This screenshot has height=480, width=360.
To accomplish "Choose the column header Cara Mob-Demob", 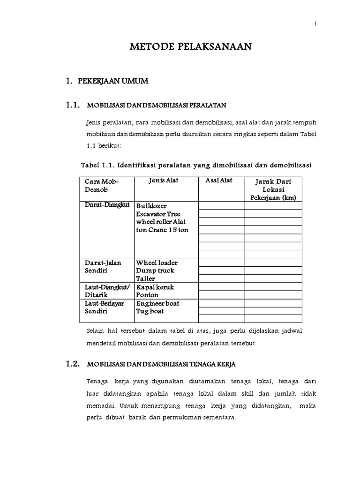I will [102, 185].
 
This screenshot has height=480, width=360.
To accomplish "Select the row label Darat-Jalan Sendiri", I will [103, 266].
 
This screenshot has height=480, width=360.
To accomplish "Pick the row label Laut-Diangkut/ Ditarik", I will [107, 291].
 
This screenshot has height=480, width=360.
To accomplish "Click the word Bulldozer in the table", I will [151, 206].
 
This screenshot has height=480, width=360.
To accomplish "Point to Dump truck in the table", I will [155, 270].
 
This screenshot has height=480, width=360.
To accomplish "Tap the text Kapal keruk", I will [155, 287].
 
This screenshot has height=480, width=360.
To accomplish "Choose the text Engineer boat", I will [158, 303].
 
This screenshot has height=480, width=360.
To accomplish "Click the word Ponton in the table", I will [147, 295].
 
